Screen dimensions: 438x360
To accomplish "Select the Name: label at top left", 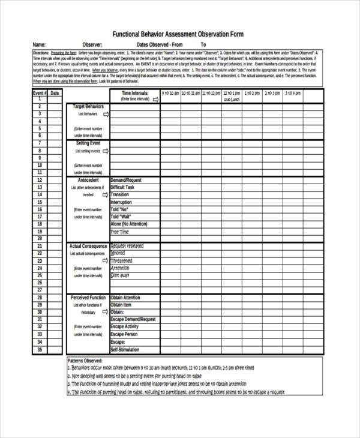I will click(x=39, y=44).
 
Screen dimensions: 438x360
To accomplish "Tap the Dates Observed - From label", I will click(x=158, y=44).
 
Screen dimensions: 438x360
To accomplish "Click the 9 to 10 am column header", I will click(x=170, y=94).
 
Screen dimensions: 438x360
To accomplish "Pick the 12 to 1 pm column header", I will click(x=232, y=94).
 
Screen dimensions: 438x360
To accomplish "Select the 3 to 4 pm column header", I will click(x=293, y=94).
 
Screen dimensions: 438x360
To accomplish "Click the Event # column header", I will click(x=39, y=93).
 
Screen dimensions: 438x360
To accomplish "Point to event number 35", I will click(x=40, y=349).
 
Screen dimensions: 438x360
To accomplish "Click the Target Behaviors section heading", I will click(x=88, y=106).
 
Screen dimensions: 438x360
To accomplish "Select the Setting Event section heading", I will click(x=88, y=143).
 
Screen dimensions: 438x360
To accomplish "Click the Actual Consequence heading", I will click(x=88, y=246).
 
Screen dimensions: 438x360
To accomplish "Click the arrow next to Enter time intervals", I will click(x=155, y=100).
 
